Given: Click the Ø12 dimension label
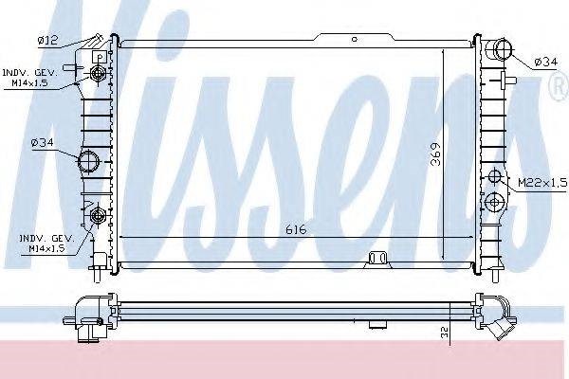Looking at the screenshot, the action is (47, 40).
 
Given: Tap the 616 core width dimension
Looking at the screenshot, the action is (296, 229).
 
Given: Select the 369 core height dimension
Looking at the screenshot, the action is (435, 154).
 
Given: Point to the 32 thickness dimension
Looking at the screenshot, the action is (445, 331).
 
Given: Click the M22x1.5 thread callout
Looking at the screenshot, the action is (541, 183).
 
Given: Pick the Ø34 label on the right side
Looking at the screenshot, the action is (545, 62).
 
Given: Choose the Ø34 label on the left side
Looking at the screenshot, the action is (42, 142).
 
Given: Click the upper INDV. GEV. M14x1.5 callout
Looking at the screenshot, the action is (29, 78).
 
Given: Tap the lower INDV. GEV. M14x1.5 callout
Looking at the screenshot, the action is (46, 244).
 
